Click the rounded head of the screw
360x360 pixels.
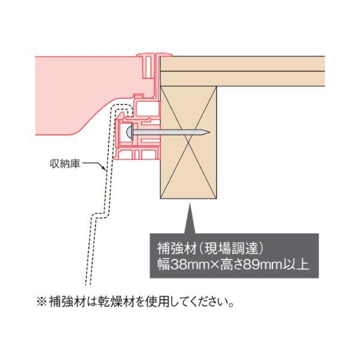pyautogui.click(x=130, y=133)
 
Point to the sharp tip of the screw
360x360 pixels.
pyautogui.click(x=209, y=132)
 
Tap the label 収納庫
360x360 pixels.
pyautogui.click(x=65, y=164)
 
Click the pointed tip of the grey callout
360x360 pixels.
pyautogui.click(x=190, y=203)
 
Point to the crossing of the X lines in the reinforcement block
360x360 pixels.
pyautogui.click(x=188, y=142)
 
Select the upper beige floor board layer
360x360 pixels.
pyautogui.click(x=242, y=64)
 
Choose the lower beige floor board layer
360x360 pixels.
pyautogui.click(x=242, y=79)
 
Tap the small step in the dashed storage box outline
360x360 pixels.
pyautogui.click(x=100, y=215)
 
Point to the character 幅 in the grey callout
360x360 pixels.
pyautogui.click(x=163, y=265)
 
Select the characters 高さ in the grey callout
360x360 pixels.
pyautogui.click(x=231, y=265)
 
